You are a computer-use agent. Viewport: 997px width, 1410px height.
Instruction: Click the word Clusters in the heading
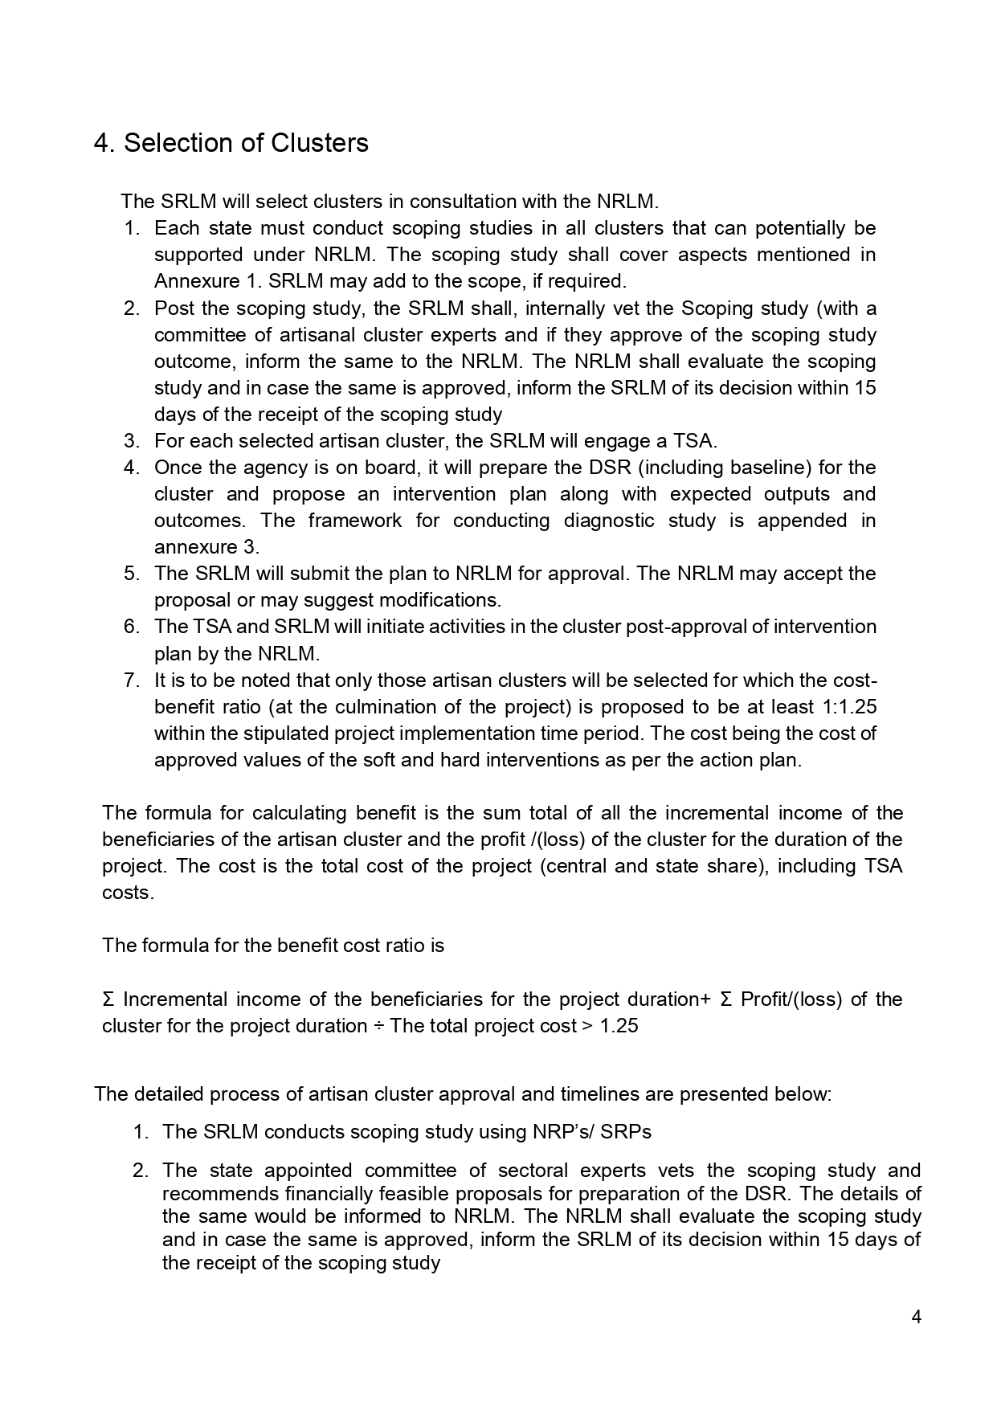(319, 143)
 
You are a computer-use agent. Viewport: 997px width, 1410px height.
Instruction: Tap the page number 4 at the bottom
(917, 1316)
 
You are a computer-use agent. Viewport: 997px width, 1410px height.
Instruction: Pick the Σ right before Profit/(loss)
(725, 999)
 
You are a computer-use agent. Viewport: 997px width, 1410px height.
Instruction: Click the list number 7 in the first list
(131, 680)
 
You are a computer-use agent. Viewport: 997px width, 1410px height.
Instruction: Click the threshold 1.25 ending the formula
(619, 1026)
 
